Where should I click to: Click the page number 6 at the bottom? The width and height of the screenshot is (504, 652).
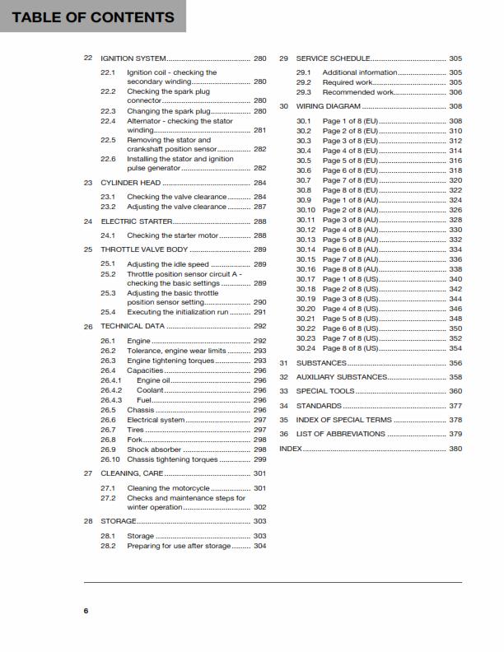[86, 610]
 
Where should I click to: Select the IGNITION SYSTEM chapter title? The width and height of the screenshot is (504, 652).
[133, 58]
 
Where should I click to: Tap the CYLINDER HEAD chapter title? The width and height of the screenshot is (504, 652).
[130, 182]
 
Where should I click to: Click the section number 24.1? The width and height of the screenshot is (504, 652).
[108, 235]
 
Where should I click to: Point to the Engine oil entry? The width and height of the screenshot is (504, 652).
[154, 380]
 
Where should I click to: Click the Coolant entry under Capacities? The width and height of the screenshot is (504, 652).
[151, 390]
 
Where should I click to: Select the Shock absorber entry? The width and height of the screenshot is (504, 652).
[154, 449]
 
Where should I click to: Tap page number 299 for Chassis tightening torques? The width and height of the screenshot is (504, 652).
[259, 459]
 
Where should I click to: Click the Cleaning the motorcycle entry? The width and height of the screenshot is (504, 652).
[168, 488]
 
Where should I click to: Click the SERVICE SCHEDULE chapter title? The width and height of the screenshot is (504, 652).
[333, 58]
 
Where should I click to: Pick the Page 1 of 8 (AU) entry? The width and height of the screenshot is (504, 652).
[350, 200]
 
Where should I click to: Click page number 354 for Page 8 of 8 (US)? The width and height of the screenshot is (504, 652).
[455, 348]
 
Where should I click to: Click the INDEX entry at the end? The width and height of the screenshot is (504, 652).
[291, 449]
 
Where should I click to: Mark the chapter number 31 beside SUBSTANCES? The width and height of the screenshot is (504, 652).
[283, 362]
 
